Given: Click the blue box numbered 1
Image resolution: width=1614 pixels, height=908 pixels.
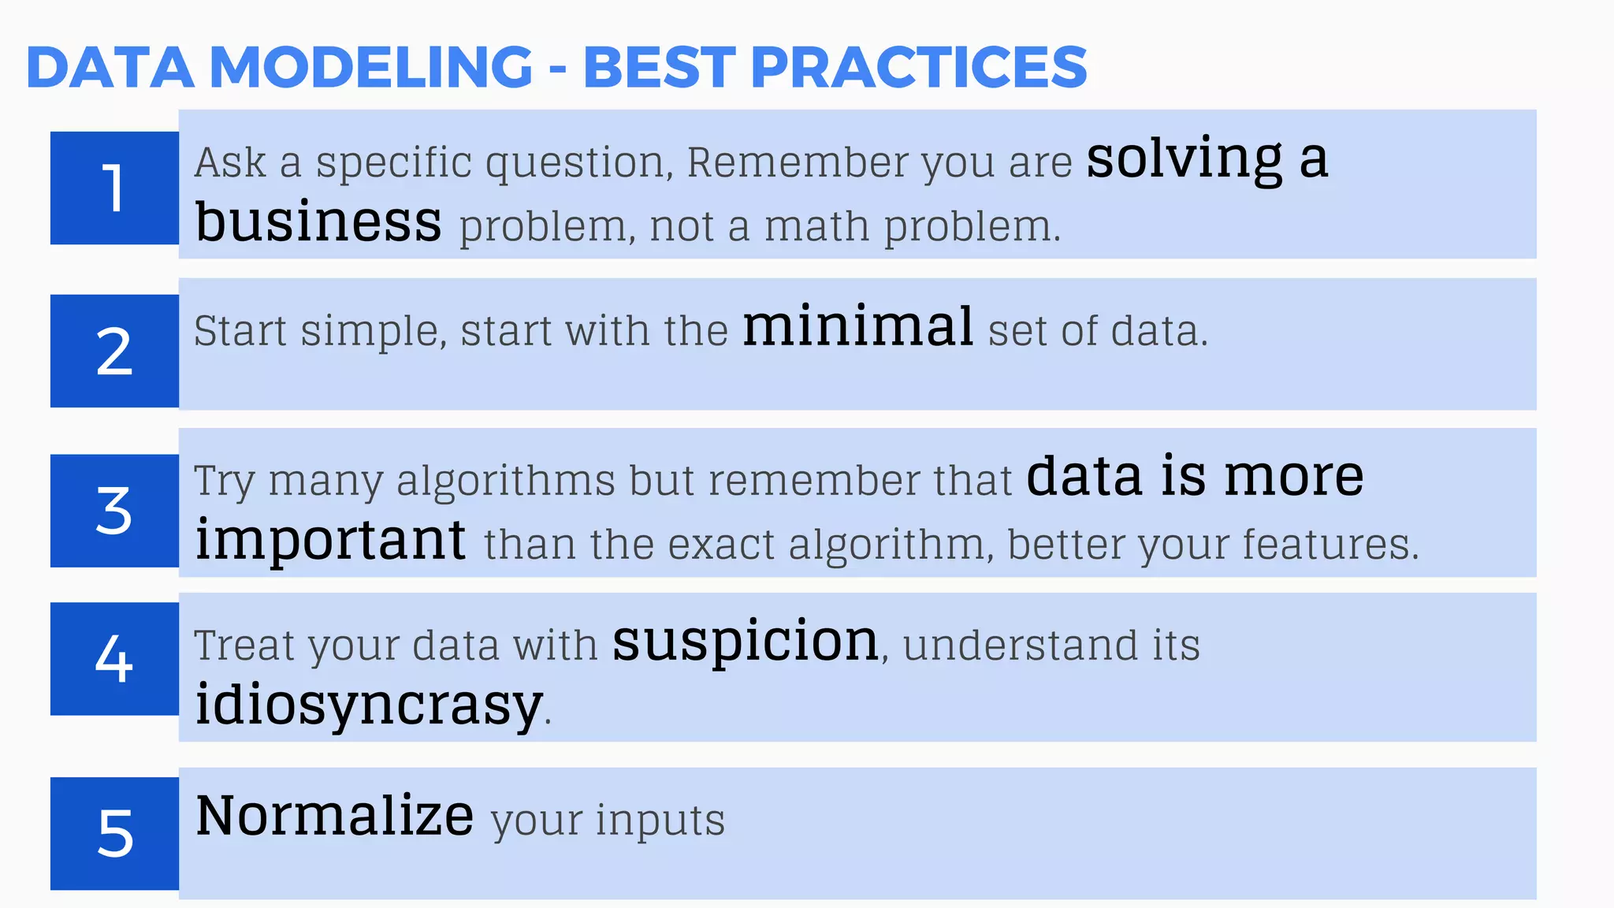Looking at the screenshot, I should (x=114, y=188).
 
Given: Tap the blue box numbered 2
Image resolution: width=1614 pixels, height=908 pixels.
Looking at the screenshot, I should (x=114, y=351).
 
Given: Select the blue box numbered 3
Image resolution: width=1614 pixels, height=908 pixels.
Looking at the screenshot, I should (x=114, y=510).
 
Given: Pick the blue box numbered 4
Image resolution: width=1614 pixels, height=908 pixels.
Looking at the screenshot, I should (x=114, y=658).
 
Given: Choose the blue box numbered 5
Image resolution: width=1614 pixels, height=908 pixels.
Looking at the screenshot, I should (x=114, y=833).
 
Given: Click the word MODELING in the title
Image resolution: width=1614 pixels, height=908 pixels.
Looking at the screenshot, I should (x=371, y=67).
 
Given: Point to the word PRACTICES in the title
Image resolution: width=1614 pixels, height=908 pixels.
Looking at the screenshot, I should (x=918, y=67).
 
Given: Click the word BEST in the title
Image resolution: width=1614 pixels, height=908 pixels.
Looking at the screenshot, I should (x=659, y=67).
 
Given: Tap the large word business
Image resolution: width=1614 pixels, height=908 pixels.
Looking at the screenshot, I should (x=318, y=221).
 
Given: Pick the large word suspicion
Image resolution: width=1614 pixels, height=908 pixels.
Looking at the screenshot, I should (x=746, y=642).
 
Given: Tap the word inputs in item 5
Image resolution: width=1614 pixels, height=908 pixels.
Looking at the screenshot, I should (x=660, y=821).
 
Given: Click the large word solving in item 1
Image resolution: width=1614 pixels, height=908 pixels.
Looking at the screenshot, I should (x=1184, y=160).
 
